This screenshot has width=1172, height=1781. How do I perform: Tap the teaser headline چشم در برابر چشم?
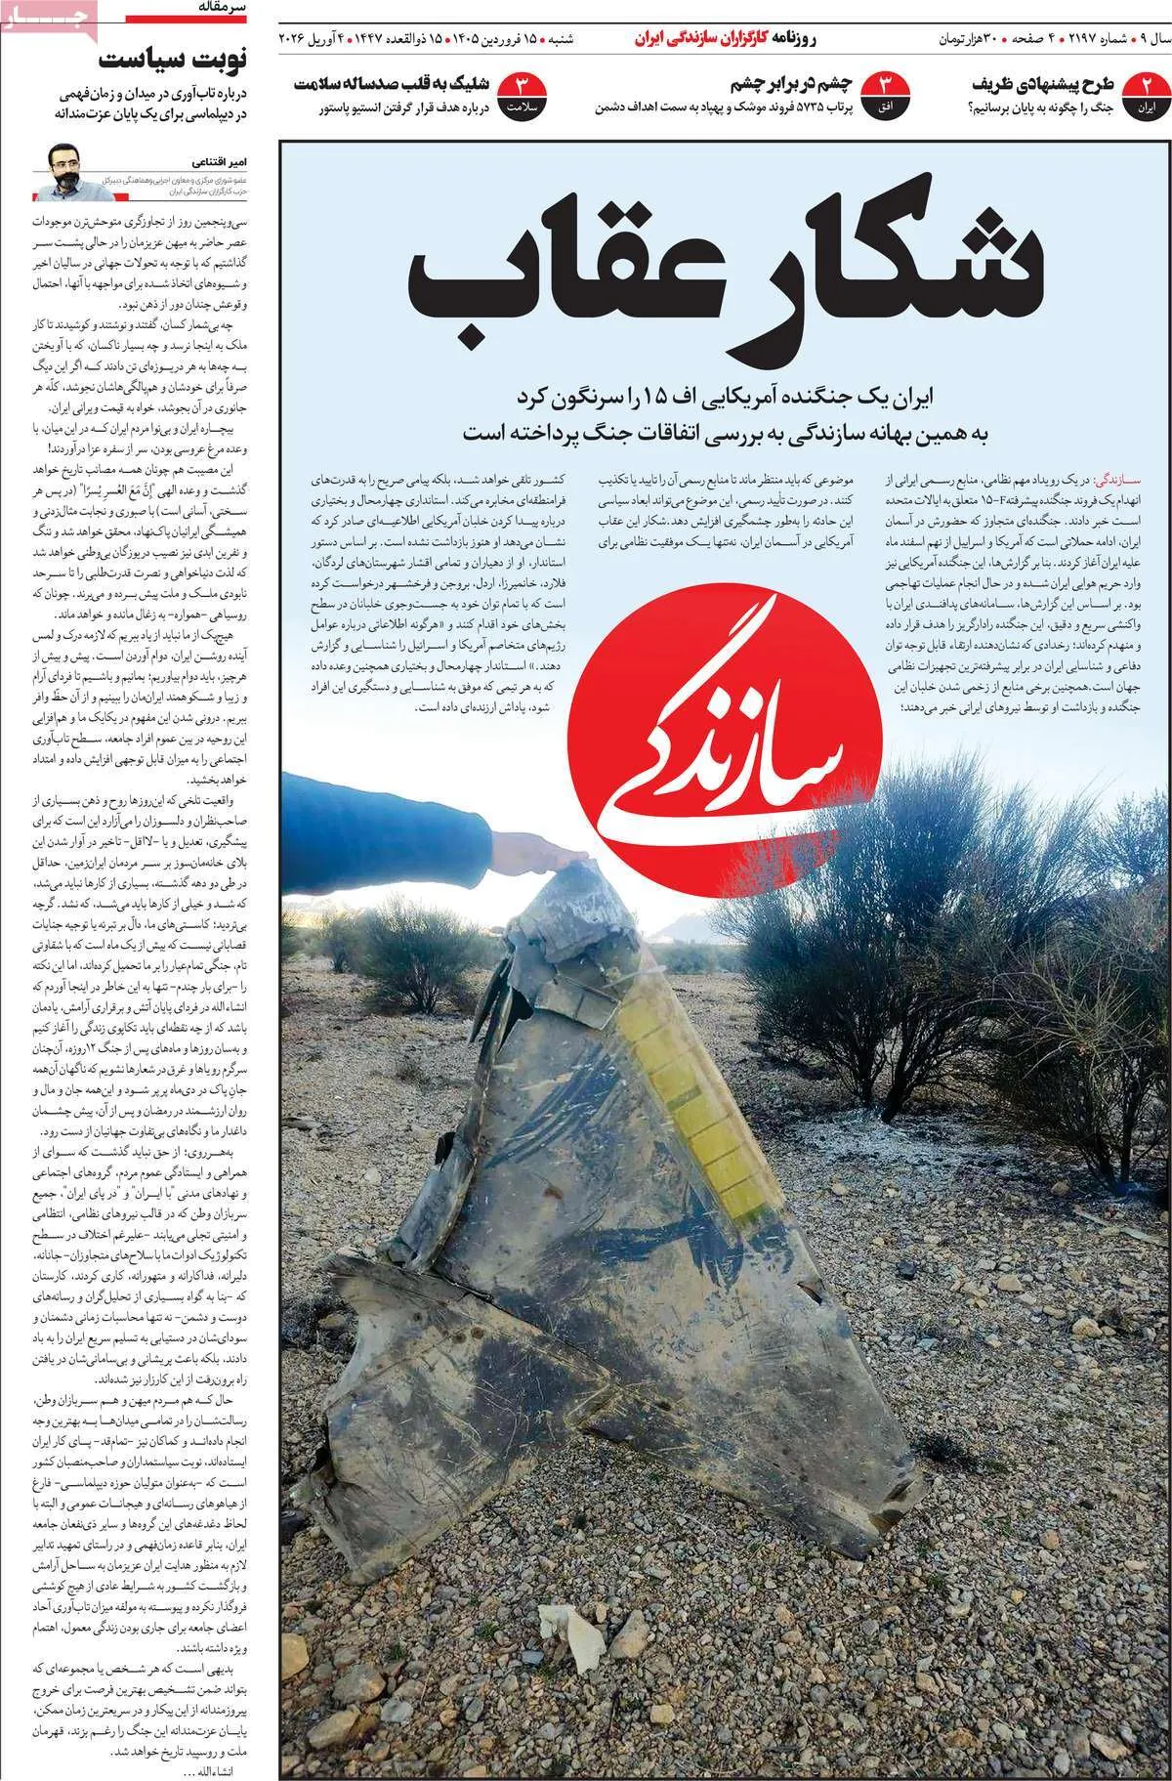[x=792, y=83]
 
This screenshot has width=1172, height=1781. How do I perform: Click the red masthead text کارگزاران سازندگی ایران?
[x=689, y=40]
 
